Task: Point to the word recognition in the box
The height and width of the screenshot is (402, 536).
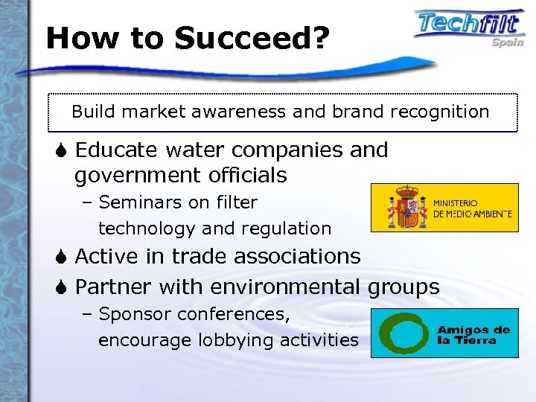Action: (441, 112)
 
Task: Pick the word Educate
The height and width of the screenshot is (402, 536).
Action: (115, 150)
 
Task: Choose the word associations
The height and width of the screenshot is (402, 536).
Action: (297, 257)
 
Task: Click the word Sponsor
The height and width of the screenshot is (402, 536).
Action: (131, 314)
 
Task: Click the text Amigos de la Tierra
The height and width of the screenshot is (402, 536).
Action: (473, 336)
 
